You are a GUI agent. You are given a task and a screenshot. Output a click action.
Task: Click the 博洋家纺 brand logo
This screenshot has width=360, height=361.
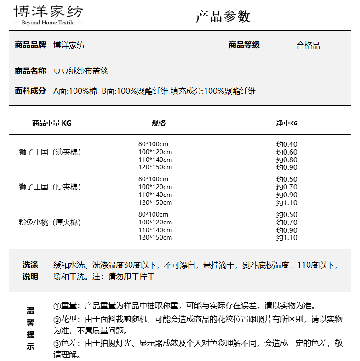(48, 11)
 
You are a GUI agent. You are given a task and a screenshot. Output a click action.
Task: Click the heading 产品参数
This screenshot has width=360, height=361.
(223, 16)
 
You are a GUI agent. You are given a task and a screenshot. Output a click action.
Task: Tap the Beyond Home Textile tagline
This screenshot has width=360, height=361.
(48, 23)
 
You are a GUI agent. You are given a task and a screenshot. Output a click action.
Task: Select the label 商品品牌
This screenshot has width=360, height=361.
(30, 45)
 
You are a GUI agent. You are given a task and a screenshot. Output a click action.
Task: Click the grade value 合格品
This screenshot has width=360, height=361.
(308, 45)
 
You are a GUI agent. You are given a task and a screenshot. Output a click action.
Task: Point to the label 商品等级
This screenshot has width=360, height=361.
(244, 45)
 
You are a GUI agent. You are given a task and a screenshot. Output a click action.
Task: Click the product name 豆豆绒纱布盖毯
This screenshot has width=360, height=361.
(81, 71)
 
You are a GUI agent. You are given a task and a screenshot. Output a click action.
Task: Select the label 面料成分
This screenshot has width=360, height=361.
(30, 91)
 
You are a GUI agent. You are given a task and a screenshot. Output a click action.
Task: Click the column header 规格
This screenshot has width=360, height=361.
(159, 123)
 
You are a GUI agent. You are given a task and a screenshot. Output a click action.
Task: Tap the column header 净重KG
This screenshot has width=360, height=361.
(287, 123)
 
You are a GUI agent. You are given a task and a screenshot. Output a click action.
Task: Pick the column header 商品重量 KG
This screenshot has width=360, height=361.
(52, 123)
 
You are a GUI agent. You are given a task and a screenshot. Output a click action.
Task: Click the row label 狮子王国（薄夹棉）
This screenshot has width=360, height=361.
(50, 152)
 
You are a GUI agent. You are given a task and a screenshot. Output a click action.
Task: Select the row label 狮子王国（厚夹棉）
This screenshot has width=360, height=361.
(50, 187)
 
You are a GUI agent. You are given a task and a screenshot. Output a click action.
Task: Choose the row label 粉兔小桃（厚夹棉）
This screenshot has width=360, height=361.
(50, 223)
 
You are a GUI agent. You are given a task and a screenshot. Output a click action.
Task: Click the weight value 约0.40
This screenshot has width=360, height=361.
(287, 144)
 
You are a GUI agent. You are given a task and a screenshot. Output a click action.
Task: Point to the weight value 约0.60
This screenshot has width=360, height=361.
(287, 152)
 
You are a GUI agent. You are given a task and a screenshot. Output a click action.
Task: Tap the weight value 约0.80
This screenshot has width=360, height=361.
(287, 160)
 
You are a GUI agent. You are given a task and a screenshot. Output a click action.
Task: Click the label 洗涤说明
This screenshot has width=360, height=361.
(30, 271)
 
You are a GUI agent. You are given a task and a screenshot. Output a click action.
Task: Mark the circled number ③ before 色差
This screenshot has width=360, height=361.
(57, 344)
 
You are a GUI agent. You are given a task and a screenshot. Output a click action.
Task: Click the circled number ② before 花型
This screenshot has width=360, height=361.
(57, 320)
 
